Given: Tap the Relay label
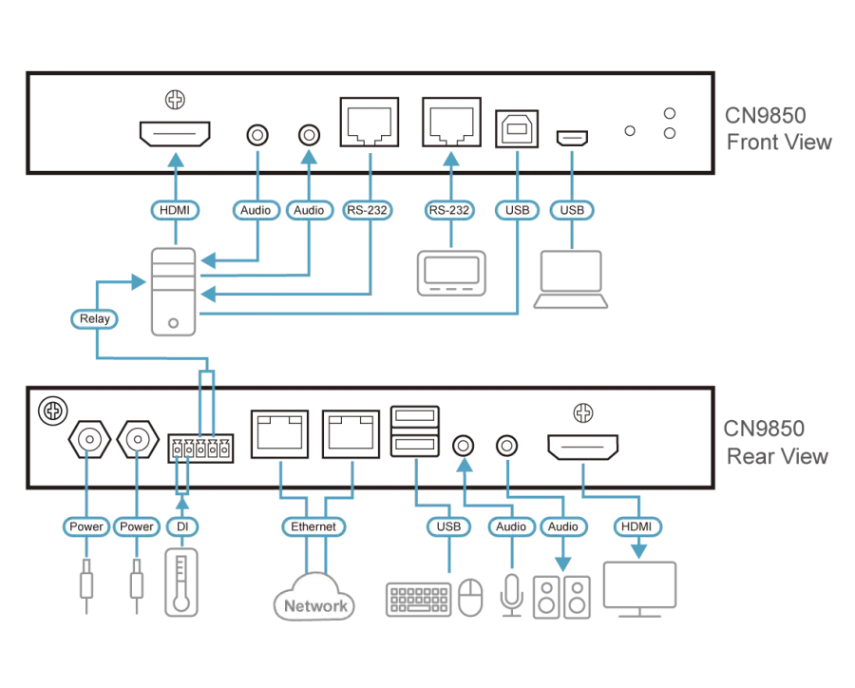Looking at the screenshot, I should tap(94, 319).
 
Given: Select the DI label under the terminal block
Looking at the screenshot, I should tap(182, 526).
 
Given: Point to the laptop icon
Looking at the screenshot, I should tap(571, 279).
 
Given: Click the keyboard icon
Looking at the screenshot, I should tap(419, 600).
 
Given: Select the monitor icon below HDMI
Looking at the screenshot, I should tap(640, 590).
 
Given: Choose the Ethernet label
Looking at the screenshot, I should tap(313, 526).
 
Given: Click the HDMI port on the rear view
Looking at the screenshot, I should tap(582, 448).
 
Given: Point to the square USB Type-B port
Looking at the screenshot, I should tap(518, 127).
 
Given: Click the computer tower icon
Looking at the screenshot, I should tap(173, 291).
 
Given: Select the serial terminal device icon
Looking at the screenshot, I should tap(450, 272).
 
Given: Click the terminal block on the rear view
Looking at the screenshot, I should tap(200, 449).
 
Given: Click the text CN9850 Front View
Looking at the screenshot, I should tap(778, 129).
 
